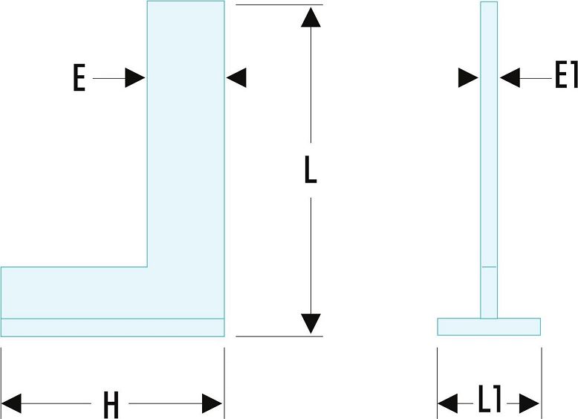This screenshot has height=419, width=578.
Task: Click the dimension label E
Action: pyautogui.click(x=79, y=77)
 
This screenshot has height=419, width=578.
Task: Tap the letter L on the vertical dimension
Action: pyautogui.click(x=311, y=170)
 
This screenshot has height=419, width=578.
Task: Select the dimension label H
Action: pyautogui.click(x=111, y=404)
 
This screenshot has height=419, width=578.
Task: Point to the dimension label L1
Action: pyautogui.click(x=490, y=398)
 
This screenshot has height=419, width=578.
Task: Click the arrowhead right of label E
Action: pyautogui.click(x=135, y=78)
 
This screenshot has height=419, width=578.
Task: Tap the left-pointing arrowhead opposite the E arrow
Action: pyautogui.click(x=236, y=77)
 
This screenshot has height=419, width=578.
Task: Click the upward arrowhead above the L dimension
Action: pyautogui.click(x=311, y=17)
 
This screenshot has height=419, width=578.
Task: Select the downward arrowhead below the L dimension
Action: pyautogui.click(x=311, y=324)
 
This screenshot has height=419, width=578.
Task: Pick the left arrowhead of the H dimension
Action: pyautogui.click(x=11, y=403)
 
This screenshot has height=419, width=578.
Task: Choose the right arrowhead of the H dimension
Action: pyautogui.click(x=212, y=403)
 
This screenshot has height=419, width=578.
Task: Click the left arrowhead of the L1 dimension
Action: pyautogui.click(x=448, y=403)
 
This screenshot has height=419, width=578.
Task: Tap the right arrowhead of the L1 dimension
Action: pyautogui.click(x=530, y=403)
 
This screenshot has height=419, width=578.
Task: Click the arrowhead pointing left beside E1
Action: pyautogui.click(x=510, y=77)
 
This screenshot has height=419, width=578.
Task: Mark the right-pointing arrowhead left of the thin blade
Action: pyautogui.click(x=468, y=77)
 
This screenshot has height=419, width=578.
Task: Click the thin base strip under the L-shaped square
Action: pyautogui.click(x=112, y=327)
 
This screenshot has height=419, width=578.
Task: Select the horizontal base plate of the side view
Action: pyautogui.click(x=489, y=327)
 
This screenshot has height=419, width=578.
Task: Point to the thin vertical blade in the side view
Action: pyautogui.click(x=489, y=160)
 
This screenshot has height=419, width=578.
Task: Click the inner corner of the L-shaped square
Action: pyautogui.click(x=147, y=266)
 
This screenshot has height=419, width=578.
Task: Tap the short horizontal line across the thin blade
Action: pyautogui.click(x=489, y=266)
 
